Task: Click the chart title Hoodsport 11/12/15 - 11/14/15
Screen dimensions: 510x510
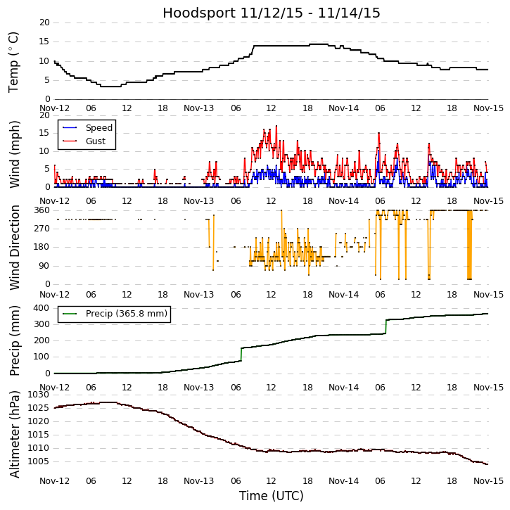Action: (x=272, y=13)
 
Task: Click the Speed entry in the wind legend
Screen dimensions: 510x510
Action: (x=98, y=128)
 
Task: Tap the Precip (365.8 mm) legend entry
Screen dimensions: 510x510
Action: (x=126, y=314)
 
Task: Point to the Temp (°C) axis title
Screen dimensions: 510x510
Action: (x=14, y=61)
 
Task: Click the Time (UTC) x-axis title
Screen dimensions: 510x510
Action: (x=272, y=496)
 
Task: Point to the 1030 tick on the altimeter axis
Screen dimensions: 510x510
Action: (x=38, y=395)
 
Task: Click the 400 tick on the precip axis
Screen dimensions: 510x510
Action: (x=41, y=308)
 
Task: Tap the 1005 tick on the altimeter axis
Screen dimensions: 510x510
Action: (x=38, y=461)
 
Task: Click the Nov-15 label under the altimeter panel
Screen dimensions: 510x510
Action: (x=488, y=481)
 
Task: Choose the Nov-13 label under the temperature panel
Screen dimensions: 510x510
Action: (x=199, y=108)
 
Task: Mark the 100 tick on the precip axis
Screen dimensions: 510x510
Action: (x=41, y=357)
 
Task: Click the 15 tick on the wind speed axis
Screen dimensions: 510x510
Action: (x=44, y=133)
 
